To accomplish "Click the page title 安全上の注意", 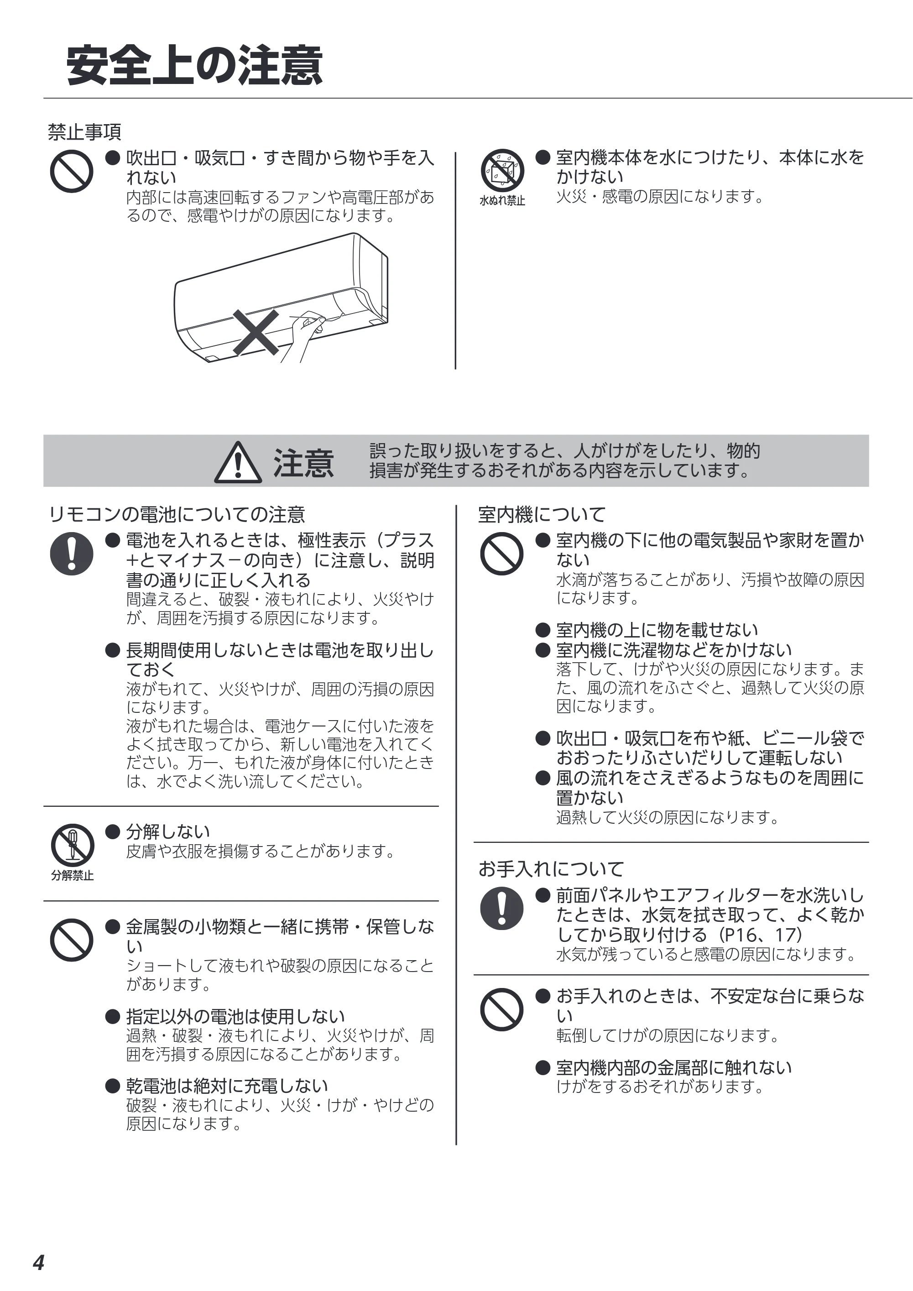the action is pyautogui.click(x=194, y=66).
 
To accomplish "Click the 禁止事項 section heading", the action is pyautogui.click(x=84, y=132).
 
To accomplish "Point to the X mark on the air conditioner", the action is pyautogui.click(x=256, y=332).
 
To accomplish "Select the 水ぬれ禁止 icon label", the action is pyautogui.click(x=502, y=201).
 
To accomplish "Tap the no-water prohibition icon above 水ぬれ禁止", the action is pyautogui.click(x=502, y=170).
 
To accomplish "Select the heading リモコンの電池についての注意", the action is pyautogui.click(x=177, y=514).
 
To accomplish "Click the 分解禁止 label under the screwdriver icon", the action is pyautogui.click(x=72, y=875).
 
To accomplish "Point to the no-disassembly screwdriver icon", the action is pyautogui.click(x=72, y=845).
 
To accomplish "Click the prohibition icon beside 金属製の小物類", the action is pyautogui.click(x=71, y=940).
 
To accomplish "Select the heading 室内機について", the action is pyautogui.click(x=542, y=514).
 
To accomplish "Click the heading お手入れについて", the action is pyautogui.click(x=551, y=869).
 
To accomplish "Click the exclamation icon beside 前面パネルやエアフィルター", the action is pyautogui.click(x=502, y=908).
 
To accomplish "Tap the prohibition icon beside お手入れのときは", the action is pyautogui.click(x=502, y=1009).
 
